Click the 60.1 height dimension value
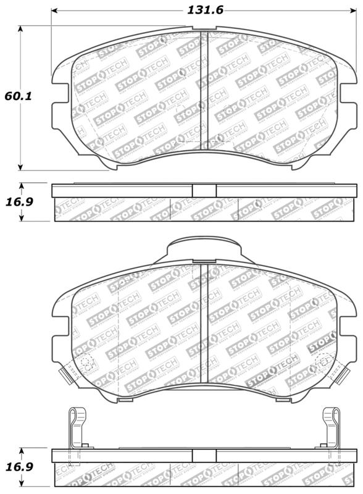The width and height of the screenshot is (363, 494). pos(19,97)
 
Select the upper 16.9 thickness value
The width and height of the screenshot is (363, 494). pos(19,202)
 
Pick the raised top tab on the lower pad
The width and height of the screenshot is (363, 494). pos(204,250)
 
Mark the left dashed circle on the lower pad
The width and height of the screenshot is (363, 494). pos(86,363)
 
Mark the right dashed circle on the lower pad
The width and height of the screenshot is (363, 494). pos(322,363)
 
